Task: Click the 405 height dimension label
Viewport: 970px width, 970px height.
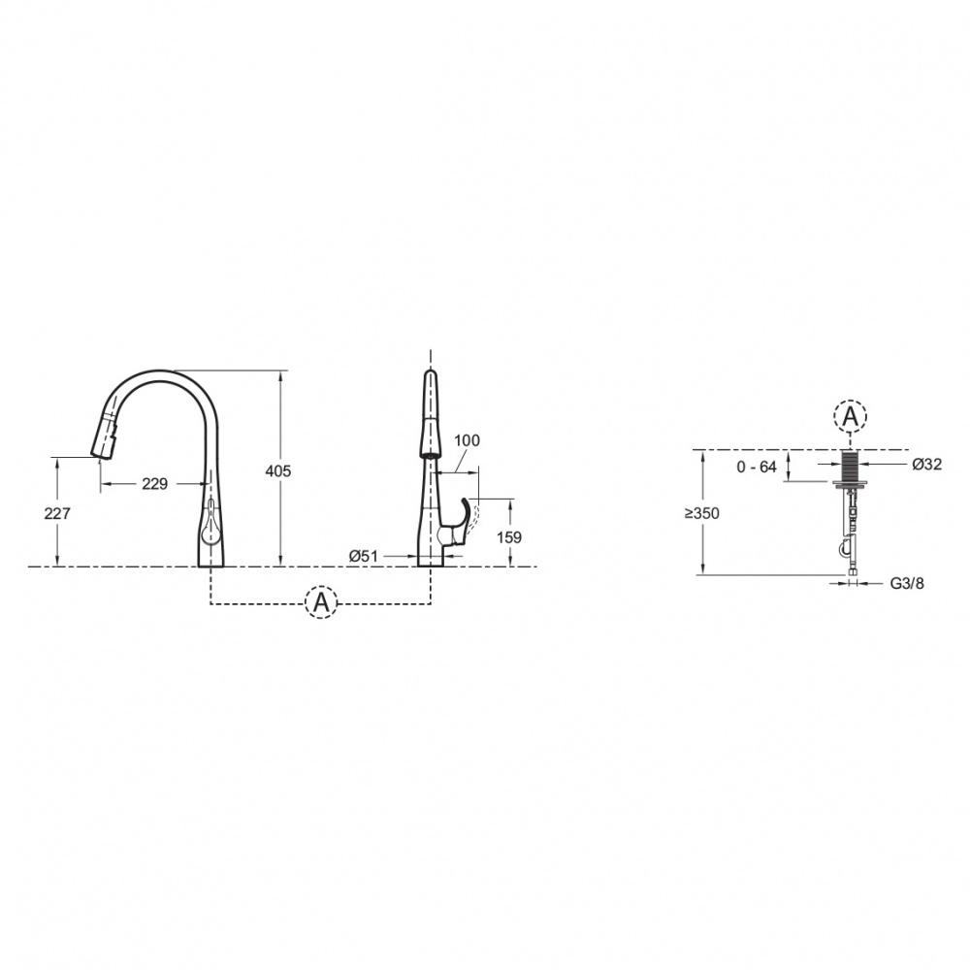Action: coord(277,471)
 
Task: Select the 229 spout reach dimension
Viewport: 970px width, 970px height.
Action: coord(154,484)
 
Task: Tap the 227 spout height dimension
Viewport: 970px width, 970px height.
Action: coord(57,513)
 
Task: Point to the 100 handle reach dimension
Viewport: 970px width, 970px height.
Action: coord(468,440)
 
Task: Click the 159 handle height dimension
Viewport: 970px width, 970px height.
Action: coord(509,537)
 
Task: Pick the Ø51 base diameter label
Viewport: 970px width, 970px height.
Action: coord(363,556)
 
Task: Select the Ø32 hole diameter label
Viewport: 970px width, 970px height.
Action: coord(927,464)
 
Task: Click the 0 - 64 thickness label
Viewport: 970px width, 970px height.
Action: coord(757,468)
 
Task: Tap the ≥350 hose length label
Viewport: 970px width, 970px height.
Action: coord(702,513)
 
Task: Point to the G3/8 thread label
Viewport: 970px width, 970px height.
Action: coord(907,583)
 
